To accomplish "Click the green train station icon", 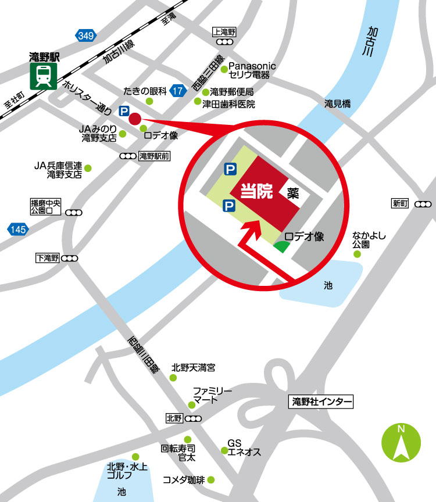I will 43,76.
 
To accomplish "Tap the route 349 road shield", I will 85,36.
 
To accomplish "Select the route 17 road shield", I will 178,91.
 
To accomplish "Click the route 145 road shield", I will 18,230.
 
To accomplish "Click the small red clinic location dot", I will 135,119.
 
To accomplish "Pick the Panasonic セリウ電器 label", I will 252,70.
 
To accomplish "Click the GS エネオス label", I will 243,447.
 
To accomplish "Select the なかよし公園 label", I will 369,241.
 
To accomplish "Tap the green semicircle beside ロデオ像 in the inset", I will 282,246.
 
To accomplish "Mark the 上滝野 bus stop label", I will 223,33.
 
